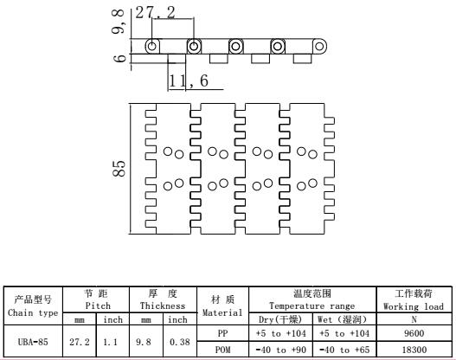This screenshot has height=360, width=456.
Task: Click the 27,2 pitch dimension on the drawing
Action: click(x=155, y=13)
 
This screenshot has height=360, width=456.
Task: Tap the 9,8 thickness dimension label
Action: click(x=119, y=22)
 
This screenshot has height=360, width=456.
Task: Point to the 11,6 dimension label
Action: click(x=189, y=80)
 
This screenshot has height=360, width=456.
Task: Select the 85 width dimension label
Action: click(x=119, y=169)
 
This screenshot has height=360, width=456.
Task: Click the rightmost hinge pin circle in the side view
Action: click(x=319, y=46)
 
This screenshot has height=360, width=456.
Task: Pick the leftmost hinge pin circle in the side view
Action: click(x=152, y=46)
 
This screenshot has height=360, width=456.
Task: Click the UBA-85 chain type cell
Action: click(x=33, y=342)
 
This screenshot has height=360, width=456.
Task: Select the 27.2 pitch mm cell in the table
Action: click(x=80, y=342)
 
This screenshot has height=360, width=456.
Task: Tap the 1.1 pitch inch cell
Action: click(x=110, y=342)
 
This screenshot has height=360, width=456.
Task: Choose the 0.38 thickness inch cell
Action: click(x=180, y=342)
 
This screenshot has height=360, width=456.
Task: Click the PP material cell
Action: click(x=222, y=333)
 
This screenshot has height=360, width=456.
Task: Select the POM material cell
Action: click(x=222, y=350)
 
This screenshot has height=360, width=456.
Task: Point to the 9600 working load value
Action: click(x=414, y=333)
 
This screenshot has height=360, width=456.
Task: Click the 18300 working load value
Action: click(x=414, y=350)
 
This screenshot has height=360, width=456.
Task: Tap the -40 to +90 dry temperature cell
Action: click(x=281, y=350)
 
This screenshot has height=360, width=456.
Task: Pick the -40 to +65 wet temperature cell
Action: click(x=344, y=350)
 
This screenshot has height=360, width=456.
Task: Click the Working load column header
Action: click(x=414, y=306)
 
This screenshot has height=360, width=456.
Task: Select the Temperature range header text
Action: click(x=312, y=305)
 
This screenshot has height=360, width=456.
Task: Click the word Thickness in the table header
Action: click(x=163, y=305)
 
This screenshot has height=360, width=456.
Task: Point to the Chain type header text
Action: click(x=33, y=313)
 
